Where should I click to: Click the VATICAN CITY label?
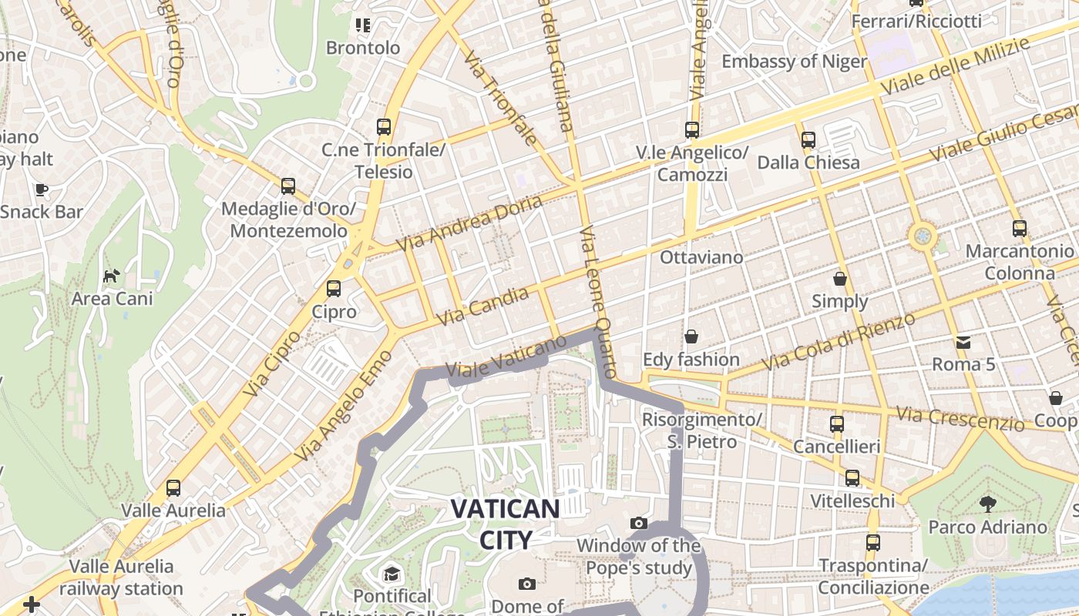click(505, 524)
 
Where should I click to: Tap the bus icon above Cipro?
click(334, 289)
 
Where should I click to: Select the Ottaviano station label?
click(701, 257)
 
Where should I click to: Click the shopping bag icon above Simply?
click(840, 279)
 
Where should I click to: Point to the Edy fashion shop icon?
click(691, 336)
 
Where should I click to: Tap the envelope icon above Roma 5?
click(963, 342)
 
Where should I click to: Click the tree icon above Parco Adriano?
click(987, 504)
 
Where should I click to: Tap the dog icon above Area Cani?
click(113, 276)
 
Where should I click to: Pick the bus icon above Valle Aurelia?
click(173, 487)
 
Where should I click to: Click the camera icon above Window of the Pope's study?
click(639, 524)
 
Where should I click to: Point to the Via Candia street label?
click(482, 306)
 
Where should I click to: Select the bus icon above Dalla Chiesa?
click(808, 140)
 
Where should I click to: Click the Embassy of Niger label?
click(794, 62)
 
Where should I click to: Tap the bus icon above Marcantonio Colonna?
click(1020, 229)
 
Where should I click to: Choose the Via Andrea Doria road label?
click(470, 222)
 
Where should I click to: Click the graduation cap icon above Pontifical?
click(392, 574)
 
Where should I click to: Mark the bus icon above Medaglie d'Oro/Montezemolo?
click(288, 186)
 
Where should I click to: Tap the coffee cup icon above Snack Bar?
click(42, 189)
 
